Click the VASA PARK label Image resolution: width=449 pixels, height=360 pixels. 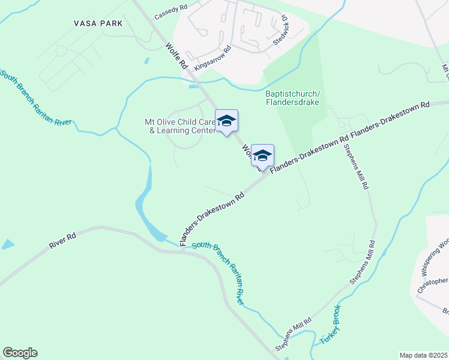pos(98,23)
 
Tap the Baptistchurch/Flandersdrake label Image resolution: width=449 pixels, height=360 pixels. pos(292,98)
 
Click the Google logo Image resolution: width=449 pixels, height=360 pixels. pos(20,353)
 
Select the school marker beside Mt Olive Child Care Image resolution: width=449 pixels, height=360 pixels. pos(226,121)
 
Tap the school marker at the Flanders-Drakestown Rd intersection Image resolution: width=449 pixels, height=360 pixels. pos(262,156)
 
